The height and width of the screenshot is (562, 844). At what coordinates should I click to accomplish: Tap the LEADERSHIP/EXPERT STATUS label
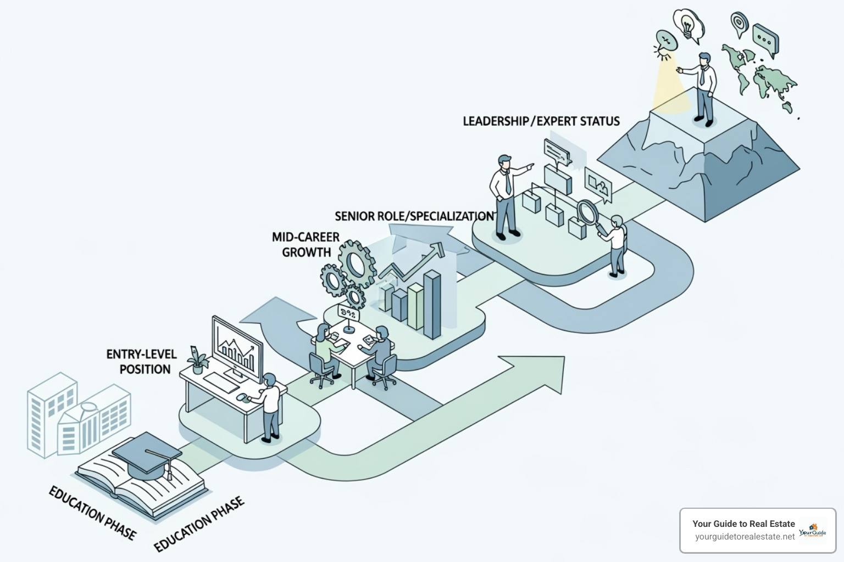(x=541, y=121)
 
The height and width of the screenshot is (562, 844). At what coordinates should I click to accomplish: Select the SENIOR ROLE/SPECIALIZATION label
(x=414, y=216)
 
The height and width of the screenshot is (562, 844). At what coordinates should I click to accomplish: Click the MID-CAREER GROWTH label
(x=306, y=245)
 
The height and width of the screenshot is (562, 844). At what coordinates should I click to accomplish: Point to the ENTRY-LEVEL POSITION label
(x=142, y=362)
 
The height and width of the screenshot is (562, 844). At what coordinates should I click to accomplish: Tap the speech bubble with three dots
(x=765, y=38)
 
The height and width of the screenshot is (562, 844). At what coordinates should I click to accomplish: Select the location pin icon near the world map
(x=739, y=23)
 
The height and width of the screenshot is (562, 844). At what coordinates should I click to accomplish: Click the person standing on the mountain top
(x=703, y=88)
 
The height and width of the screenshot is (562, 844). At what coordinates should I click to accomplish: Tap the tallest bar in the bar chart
(x=432, y=305)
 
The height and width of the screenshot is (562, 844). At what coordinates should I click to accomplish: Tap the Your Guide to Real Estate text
(x=743, y=524)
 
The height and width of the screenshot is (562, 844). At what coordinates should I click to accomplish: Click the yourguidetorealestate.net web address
(x=745, y=537)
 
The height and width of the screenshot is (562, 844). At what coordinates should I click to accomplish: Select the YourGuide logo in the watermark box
(x=812, y=530)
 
